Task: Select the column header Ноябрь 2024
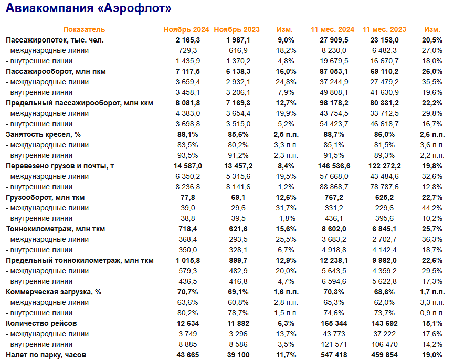(186, 29)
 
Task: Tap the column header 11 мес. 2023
(384, 29)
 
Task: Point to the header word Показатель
(84, 29)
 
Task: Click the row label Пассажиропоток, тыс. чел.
(55, 40)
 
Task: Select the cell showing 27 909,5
(333, 40)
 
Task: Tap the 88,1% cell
(188, 134)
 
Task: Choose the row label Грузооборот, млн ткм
(45, 197)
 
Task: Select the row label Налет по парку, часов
(46, 355)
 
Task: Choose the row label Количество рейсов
(41, 323)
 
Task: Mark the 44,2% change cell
(432, 208)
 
